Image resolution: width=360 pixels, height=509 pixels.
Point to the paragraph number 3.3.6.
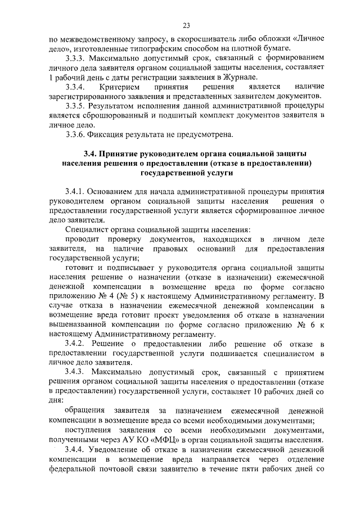76,134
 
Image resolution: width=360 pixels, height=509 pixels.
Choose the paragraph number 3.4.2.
76,344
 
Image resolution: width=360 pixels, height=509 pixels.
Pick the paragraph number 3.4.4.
76,449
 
